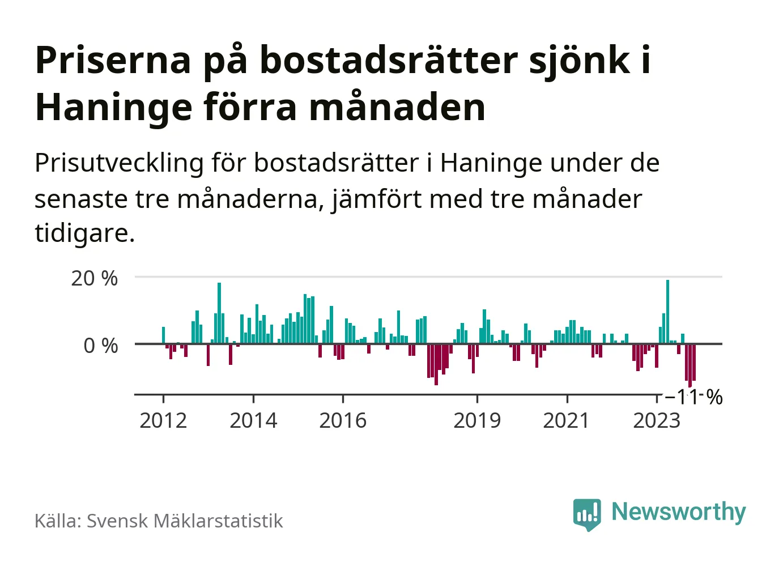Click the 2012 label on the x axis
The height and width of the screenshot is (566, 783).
point(163,420)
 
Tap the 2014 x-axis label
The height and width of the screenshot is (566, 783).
point(253,420)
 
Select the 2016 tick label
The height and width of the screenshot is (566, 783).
point(343,420)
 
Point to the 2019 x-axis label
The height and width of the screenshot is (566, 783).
point(477,420)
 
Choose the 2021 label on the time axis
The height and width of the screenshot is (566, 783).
point(567,420)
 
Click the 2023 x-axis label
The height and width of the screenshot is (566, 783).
point(656,420)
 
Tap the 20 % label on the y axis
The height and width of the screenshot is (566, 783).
point(95,278)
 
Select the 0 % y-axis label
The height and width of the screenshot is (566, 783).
point(101,346)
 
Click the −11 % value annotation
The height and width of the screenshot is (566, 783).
point(693,397)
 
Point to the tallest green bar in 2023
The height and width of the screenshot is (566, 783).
point(667,312)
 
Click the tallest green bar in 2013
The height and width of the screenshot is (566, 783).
point(219,313)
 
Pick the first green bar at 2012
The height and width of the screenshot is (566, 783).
point(163,335)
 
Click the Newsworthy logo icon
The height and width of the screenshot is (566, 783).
point(586,514)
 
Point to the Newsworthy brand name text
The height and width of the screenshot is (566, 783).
point(678,512)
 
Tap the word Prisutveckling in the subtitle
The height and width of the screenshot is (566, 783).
point(119,164)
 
